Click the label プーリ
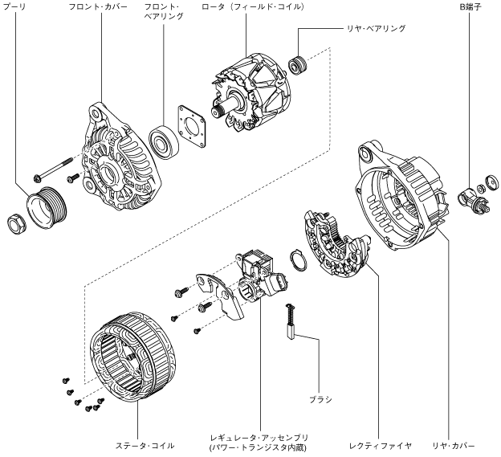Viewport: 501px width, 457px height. [14, 6]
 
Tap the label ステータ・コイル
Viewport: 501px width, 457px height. [139, 444]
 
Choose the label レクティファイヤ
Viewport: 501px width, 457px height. [381, 444]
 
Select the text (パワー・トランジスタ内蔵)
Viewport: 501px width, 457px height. [257, 448]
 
